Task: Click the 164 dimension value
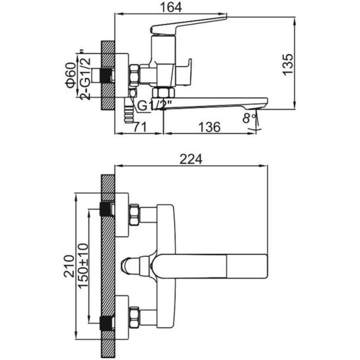(x=171, y=7)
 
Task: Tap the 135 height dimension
(x=288, y=65)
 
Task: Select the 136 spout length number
(x=209, y=127)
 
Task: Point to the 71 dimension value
(x=140, y=127)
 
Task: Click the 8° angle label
(x=250, y=118)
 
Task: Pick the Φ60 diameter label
(x=71, y=75)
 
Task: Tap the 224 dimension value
(x=191, y=159)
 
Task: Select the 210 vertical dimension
(x=69, y=266)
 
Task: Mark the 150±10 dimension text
(x=83, y=265)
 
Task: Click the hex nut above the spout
(x=163, y=92)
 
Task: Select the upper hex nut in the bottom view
(x=134, y=214)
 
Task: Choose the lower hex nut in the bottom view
(x=134, y=317)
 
